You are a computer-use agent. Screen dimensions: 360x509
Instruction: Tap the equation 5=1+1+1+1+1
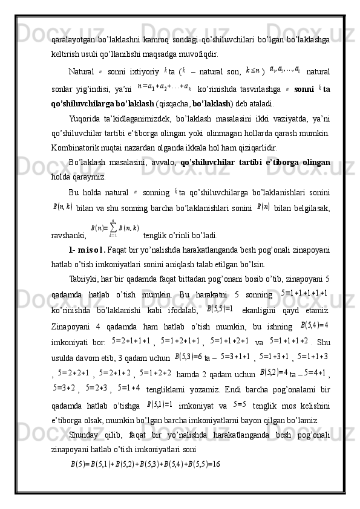coord(304,293)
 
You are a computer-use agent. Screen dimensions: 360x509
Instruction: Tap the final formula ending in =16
coord(145,464)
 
